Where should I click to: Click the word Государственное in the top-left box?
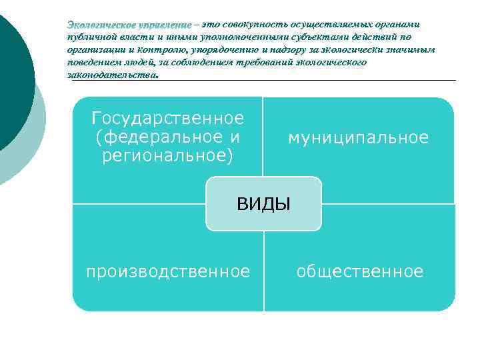pos(168,119)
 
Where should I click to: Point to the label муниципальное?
pos(358,138)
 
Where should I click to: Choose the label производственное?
pos(168,271)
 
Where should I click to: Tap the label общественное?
pos(359,271)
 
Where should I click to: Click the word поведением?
pos(93,62)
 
